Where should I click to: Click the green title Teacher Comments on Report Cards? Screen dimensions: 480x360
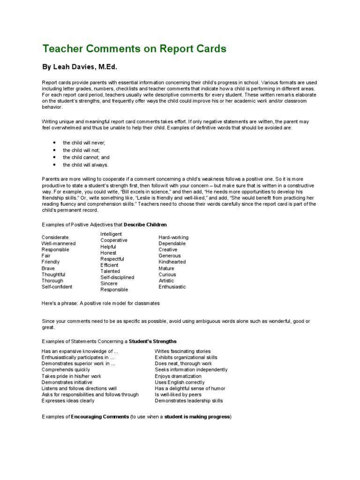click(134, 49)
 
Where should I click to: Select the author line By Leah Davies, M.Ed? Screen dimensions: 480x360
click(86, 67)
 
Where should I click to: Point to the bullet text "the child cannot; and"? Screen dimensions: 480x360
click(86, 157)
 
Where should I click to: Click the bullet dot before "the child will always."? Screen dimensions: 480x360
click(54, 165)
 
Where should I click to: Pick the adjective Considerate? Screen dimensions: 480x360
click(55, 238)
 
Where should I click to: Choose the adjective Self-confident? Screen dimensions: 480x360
click(57, 287)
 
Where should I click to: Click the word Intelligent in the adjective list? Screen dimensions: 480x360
click(111, 234)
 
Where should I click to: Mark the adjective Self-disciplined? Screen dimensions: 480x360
click(117, 277)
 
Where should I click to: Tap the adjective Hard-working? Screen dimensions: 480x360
click(173, 238)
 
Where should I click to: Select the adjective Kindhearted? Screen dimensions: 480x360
click(172, 262)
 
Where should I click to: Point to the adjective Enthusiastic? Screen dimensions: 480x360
click(172, 287)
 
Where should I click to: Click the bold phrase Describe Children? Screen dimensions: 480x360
click(145, 225)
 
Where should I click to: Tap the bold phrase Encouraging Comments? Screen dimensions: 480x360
click(100, 417)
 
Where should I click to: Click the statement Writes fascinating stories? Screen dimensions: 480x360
click(183, 352)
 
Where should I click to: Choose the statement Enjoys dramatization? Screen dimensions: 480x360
click(178, 376)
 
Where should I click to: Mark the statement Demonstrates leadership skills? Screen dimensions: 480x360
click(189, 401)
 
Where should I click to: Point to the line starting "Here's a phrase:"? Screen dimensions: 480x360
click(101, 303)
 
